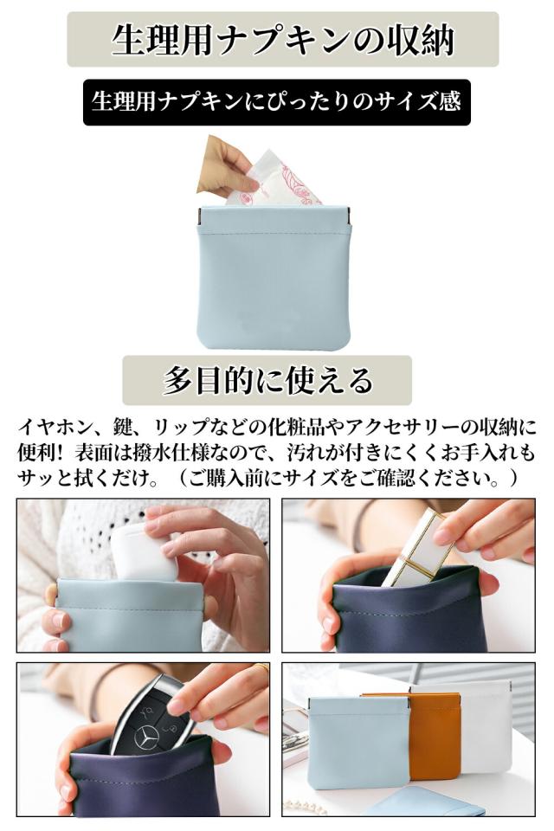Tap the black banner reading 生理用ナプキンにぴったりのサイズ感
tap(276, 102)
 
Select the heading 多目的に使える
tap(267, 380)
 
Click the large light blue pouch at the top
tap(273, 281)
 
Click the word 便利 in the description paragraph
tap(36, 452)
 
